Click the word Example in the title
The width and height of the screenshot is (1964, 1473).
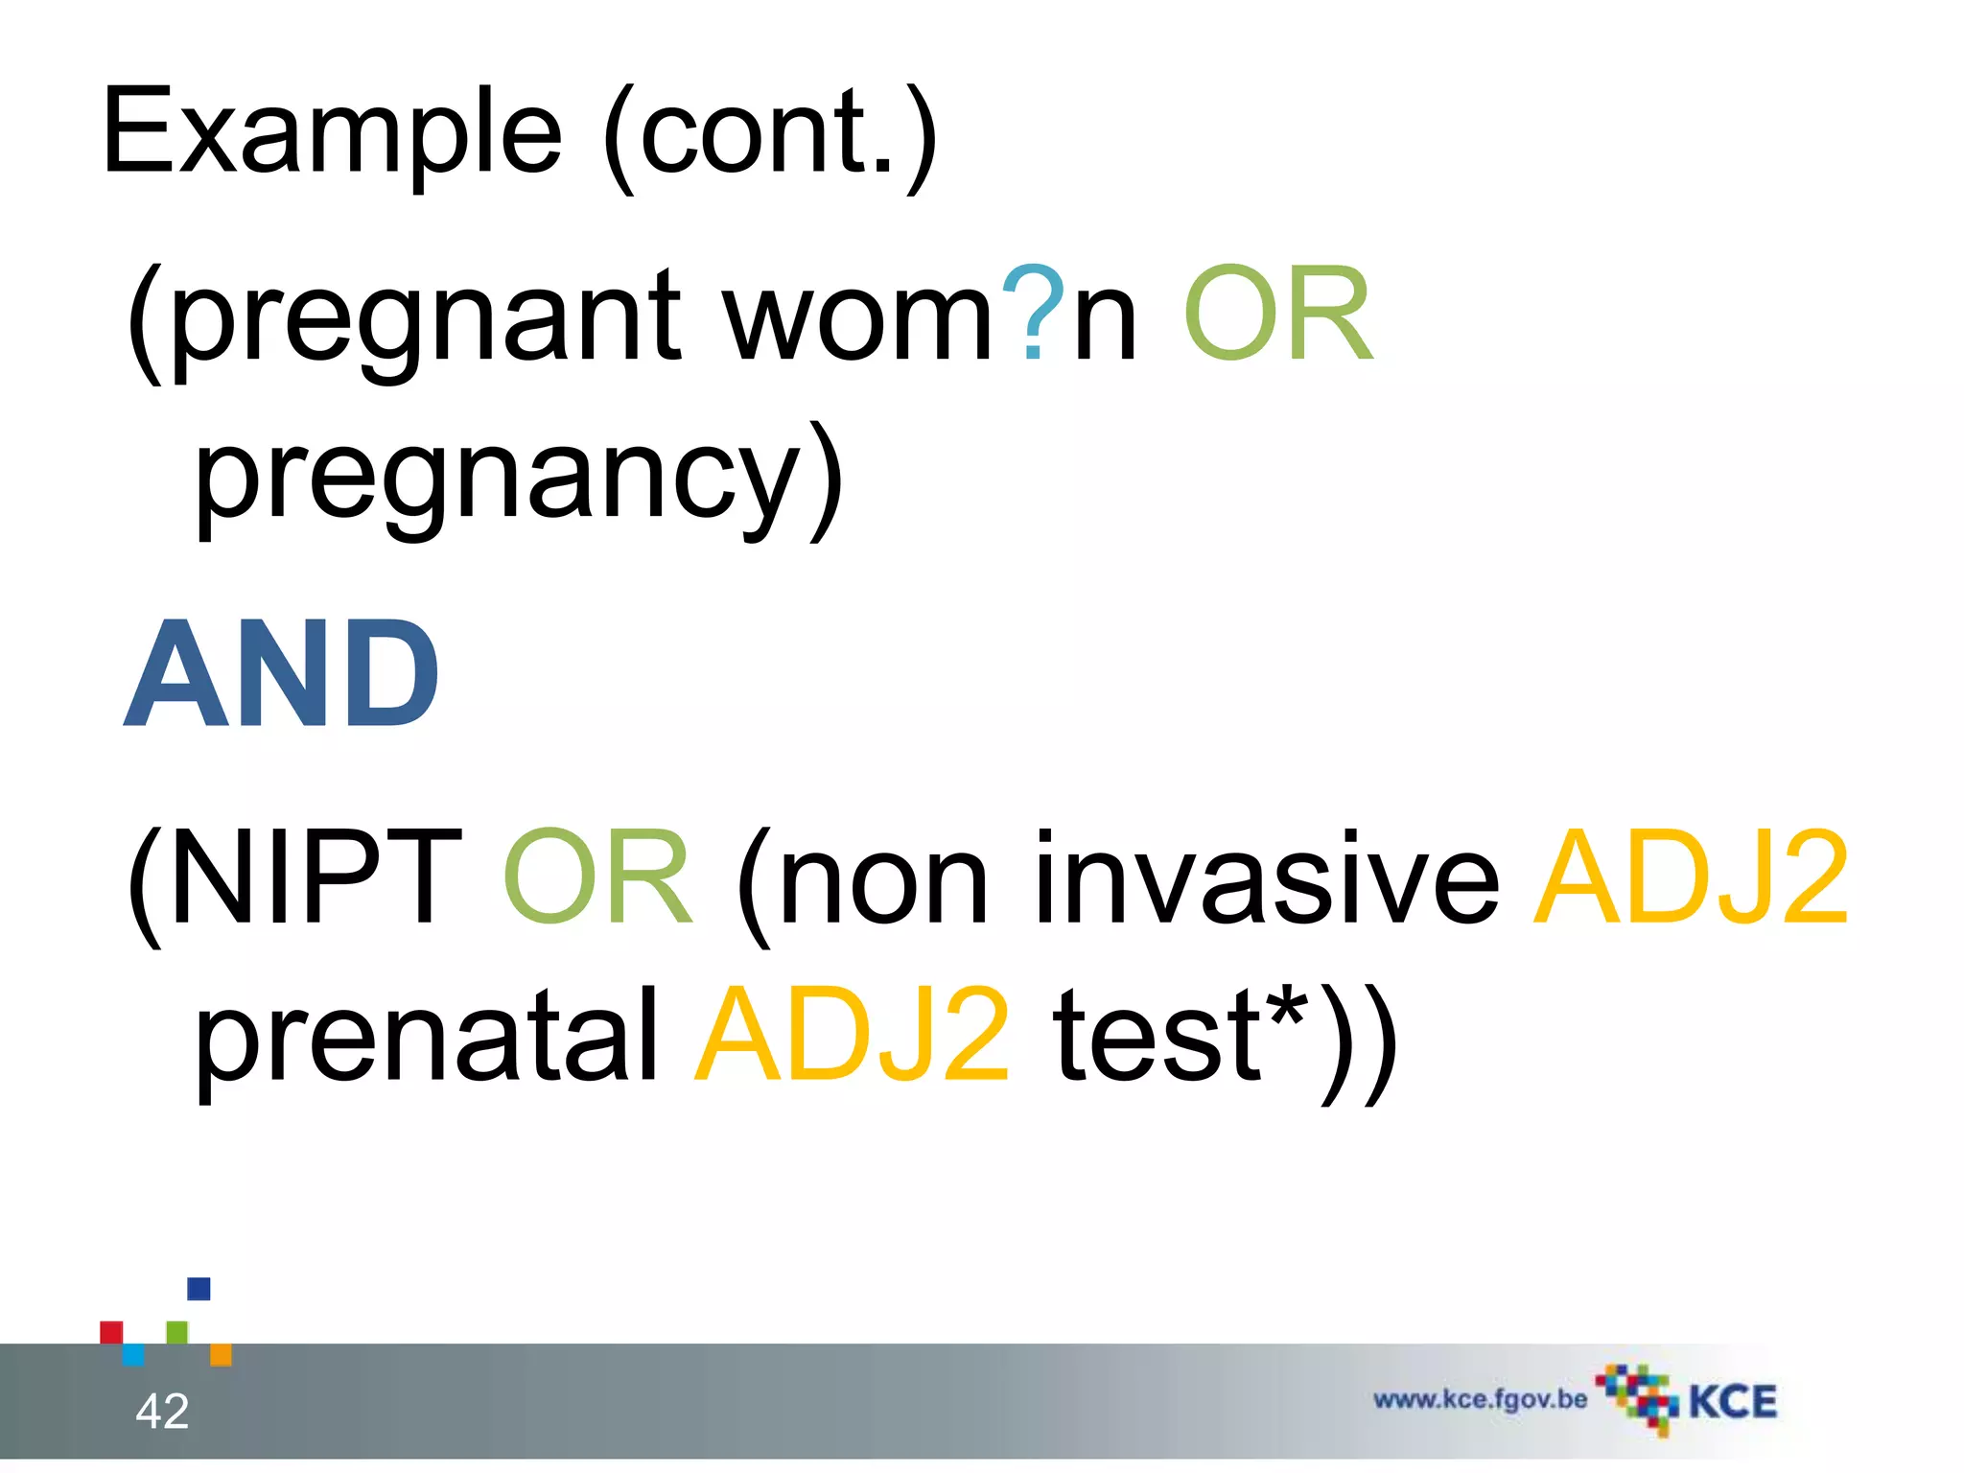pyautogui.click(x=331, y=134)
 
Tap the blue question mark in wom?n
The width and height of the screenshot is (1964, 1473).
pyautogui.click(x=1032, y=313)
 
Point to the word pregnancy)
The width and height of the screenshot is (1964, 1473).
pyautogui.click(x=518, y=479)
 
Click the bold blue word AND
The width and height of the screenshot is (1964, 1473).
pyautogui.click(x=282, y=674)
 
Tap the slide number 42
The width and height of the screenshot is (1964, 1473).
pyautogui.click(x=162, y=1411)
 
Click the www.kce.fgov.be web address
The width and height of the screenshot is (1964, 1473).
pyautogui.click(x=1480, y=1399)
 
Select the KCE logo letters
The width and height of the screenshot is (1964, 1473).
pyautogui.click(x=1732, y=1402)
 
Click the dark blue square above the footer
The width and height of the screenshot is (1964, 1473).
pyautogui.click(x=199, y=1288)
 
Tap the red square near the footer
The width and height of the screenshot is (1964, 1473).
pyautogui.click(x=111, y=1332)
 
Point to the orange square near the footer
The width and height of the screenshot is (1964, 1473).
pyautogui.click(x=221, y=1354)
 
